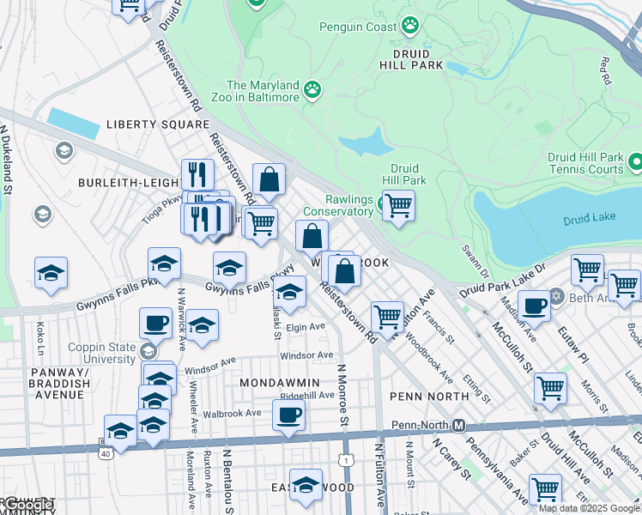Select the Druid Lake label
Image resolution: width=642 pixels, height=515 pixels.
pos(588,220)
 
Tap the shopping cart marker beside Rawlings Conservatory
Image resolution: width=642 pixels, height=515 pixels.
pos(398,205)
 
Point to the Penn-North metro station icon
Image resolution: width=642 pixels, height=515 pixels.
pos(459,426)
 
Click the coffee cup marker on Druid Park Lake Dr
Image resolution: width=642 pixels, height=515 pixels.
pos(534,305)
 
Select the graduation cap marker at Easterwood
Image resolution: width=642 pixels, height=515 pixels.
pos(306,485)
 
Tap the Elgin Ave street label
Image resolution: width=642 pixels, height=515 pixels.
pos(306,327)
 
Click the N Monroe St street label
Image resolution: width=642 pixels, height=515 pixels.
pos(341,394)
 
